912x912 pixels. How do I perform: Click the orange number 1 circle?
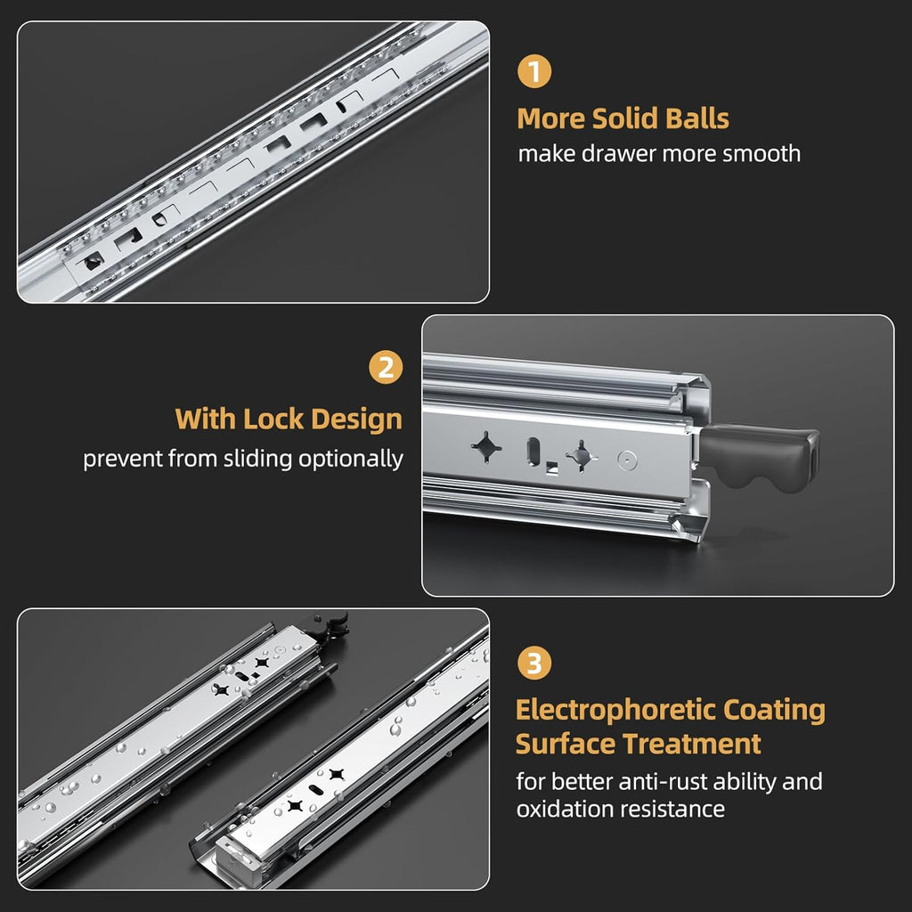pos(533,72)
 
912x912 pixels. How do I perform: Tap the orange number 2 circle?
pos(386,368)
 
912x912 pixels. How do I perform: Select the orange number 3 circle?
pos(533,664)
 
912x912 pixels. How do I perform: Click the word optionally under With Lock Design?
pos(356,460)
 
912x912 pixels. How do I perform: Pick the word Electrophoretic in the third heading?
pos(616,710)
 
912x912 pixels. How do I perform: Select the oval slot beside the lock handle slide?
pos(533,450)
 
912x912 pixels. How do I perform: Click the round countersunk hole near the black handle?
pos(629,460)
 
